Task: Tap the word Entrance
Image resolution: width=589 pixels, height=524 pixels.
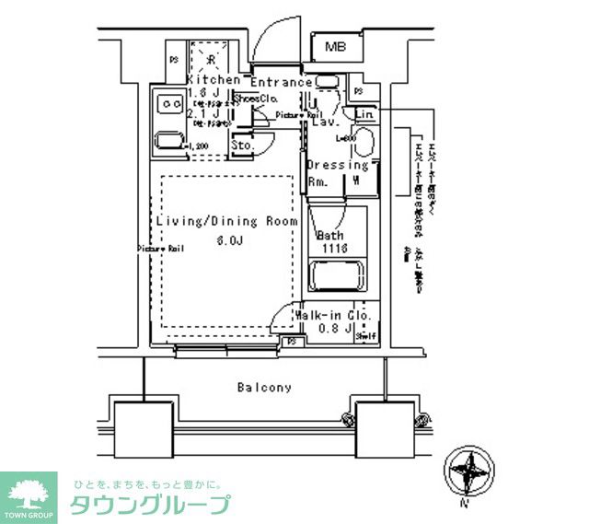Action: tap(282, 82)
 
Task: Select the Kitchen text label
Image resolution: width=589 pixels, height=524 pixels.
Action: tap(213, 80)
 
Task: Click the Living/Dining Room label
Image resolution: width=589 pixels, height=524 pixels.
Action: tap(226, 222)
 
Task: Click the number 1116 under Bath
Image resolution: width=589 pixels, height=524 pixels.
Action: tap(331, 249)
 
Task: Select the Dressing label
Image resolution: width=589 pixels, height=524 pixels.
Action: tap(338, 166)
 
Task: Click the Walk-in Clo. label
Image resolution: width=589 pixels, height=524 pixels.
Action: tap(333, 315)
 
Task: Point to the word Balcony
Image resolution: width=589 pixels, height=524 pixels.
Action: tap(263, 388)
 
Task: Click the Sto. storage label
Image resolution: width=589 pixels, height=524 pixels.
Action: tap(242, 146)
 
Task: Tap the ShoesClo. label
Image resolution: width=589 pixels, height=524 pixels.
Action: tap(256, 99)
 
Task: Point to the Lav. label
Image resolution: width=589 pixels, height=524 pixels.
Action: tap(325, 122)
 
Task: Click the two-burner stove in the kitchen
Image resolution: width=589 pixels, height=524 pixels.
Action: tap(169, 104)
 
